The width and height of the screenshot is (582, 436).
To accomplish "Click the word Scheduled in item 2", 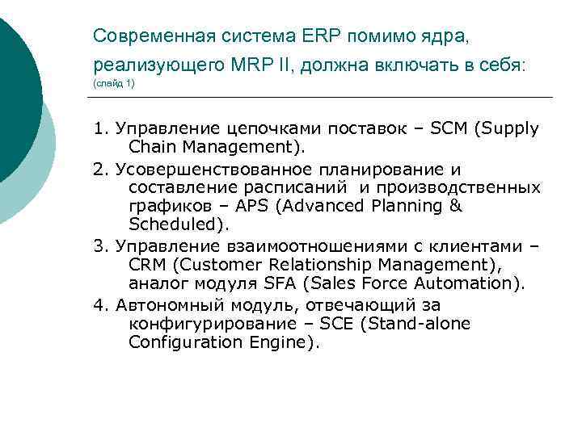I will pyautogui.click(x=175, y=224).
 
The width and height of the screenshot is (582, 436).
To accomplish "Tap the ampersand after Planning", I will pyautogui.click(x=454, y=206).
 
